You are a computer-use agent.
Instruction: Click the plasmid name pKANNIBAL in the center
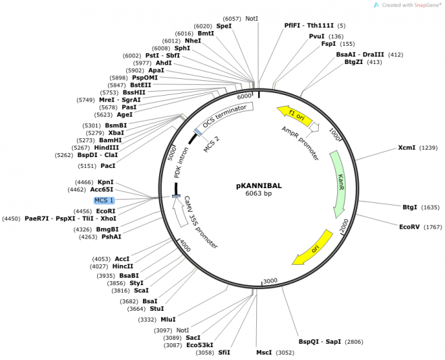pos(259,185)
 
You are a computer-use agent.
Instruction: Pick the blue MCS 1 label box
pos(104,200)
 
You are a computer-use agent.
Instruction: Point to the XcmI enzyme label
pos(407,148)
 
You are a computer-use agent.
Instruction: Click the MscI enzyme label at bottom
pos(264,353)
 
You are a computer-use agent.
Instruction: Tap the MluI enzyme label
pos(168,320)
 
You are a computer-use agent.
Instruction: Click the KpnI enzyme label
pos(106,182)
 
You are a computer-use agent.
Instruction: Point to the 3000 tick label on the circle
pos(270,280)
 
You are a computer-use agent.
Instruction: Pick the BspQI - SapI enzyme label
pos(320,342)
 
